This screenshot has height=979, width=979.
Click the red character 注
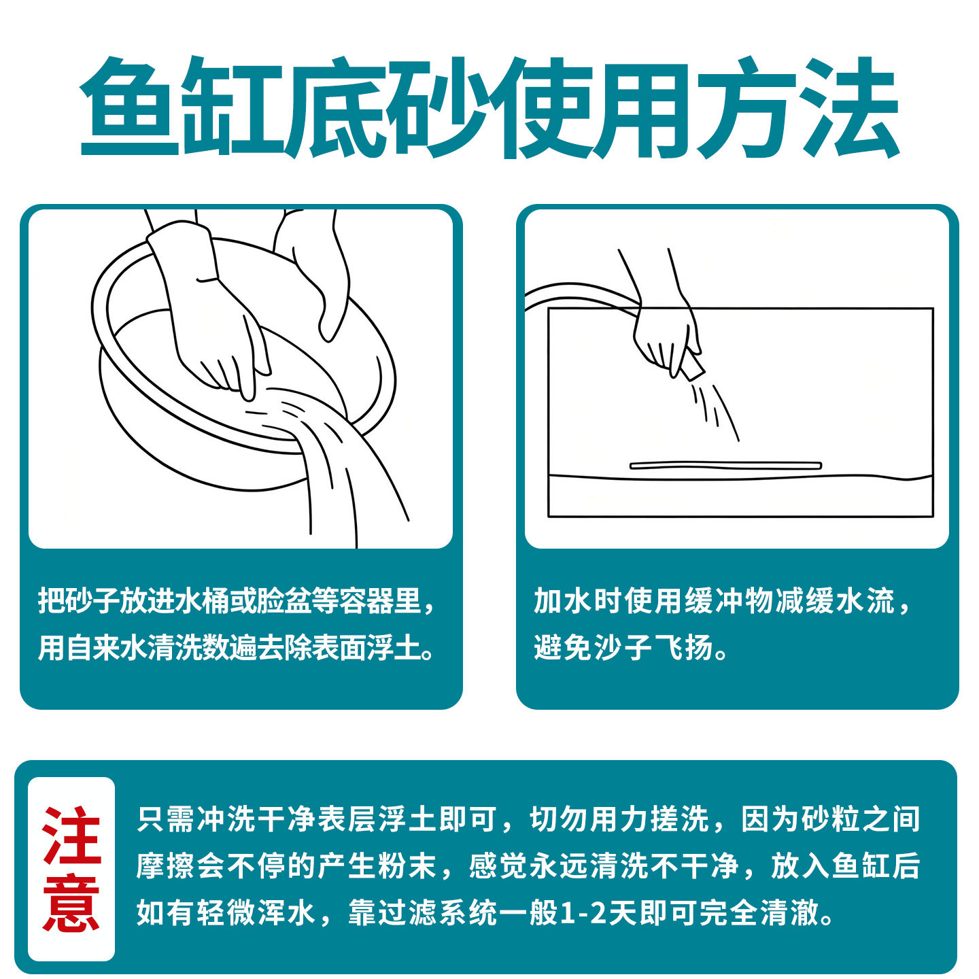point(71,836)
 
